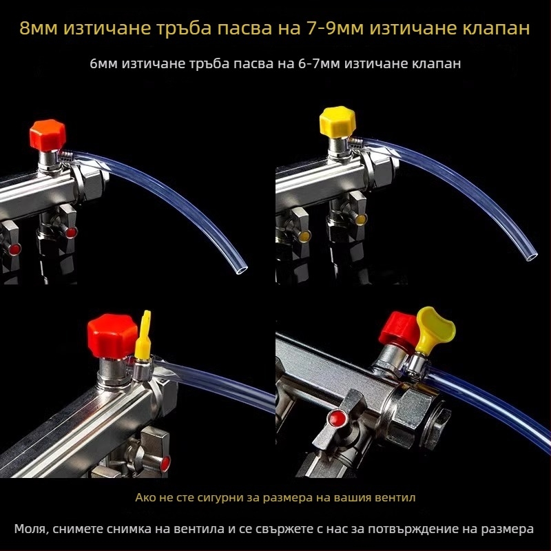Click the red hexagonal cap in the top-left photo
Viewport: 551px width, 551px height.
(48, 135)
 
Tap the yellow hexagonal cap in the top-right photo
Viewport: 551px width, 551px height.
(337, 122)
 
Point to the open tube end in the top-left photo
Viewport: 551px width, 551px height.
(242, 269)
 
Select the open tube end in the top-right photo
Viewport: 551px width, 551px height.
(531, 256)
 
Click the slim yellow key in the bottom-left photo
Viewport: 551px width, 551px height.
(143, 335)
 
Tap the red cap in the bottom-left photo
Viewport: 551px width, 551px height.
(112, 336)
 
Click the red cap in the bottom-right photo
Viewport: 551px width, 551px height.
(399, 330)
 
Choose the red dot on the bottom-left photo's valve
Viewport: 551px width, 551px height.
(165, 464)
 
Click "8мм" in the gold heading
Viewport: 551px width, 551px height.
(39, 28)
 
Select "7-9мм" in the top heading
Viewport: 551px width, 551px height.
(335, 28)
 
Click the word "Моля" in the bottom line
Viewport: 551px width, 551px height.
(30, 529)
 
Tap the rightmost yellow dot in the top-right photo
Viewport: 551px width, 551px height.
(361, 220)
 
